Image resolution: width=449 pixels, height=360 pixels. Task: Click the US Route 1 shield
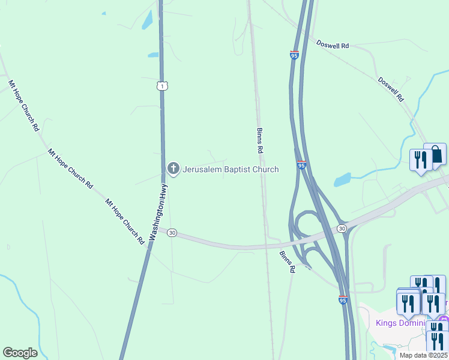(162, 86)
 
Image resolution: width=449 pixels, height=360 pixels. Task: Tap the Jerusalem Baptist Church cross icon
(173, 169)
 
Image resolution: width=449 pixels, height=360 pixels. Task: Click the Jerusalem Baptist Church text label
(231, 169)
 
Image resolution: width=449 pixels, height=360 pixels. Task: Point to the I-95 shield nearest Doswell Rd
(294, 55)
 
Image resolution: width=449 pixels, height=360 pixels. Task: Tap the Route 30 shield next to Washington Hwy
(172, 232)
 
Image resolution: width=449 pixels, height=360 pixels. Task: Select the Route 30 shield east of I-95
(342, 228)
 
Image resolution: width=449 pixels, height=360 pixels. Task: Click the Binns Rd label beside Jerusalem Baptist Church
(260, 139)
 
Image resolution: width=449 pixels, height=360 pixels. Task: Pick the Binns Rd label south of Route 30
(287, 262)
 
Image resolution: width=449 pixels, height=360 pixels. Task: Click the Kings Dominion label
(401, 323)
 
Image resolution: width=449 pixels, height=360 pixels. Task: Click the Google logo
(20, 353)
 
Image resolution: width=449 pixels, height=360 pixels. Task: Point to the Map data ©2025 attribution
(423, 355)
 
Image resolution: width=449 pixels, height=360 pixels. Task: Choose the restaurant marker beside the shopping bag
(420, 160)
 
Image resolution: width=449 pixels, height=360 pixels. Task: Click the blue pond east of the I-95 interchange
(342, 179)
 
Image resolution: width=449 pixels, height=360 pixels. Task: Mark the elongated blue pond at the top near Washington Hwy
(147, 20)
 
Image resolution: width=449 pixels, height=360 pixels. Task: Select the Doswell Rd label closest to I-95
(333, 45)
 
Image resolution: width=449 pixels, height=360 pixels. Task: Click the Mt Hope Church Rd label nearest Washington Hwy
(125, 221)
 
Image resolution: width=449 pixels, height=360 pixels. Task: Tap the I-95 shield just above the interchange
(301, 165)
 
